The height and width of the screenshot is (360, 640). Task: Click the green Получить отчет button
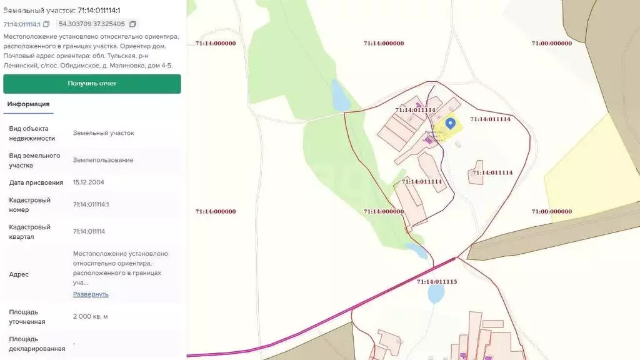92,84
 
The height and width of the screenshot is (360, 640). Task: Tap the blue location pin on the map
451,124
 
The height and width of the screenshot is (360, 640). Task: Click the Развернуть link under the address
91,294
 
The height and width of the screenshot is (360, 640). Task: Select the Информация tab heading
28,104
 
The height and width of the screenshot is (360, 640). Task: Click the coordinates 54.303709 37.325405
92,24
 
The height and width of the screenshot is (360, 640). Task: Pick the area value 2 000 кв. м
90,316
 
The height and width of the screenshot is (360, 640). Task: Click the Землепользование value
103,160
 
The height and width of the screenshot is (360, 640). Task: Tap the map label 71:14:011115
437,282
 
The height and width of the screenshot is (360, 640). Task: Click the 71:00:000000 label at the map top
551,44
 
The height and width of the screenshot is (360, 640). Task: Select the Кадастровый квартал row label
30,232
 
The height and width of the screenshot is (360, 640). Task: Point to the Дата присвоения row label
36,182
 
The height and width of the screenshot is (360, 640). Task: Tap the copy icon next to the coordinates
132,24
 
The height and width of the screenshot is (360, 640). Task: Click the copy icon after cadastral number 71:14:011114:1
46,24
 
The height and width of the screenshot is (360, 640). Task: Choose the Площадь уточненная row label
27,316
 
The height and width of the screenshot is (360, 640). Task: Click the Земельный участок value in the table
103,133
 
